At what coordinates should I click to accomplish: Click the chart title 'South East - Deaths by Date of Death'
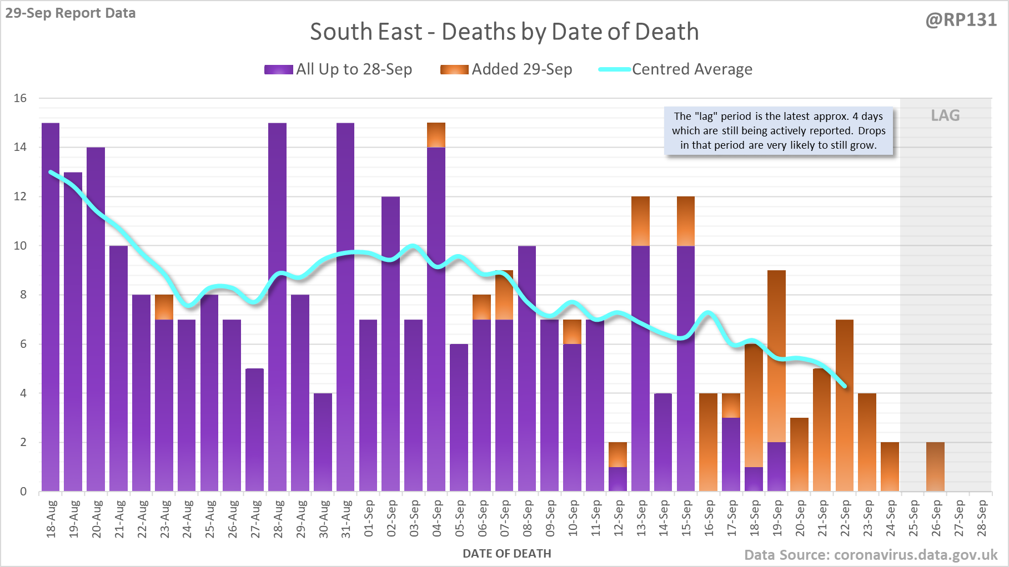click(504, 32)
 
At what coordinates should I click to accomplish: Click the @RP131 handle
click(961, 20)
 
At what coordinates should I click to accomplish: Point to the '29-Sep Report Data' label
click(71, 13)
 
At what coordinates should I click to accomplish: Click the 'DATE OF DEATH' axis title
click(506, 553)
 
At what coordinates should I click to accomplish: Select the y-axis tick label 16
click(20, 98)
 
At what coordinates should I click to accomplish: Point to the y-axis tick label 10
click(20, 245)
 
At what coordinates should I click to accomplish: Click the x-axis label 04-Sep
click(437, 518)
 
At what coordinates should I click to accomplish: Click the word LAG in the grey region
click(945, 115)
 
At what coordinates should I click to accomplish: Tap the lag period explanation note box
click(779, 131)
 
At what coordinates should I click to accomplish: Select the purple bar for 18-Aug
click(51, 305)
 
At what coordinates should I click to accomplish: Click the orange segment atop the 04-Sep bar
click(436, 135)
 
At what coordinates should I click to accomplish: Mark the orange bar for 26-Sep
click(935, 467)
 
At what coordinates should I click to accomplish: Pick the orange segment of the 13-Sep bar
click(640, 221)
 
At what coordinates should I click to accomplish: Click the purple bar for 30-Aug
click(323, 442)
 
